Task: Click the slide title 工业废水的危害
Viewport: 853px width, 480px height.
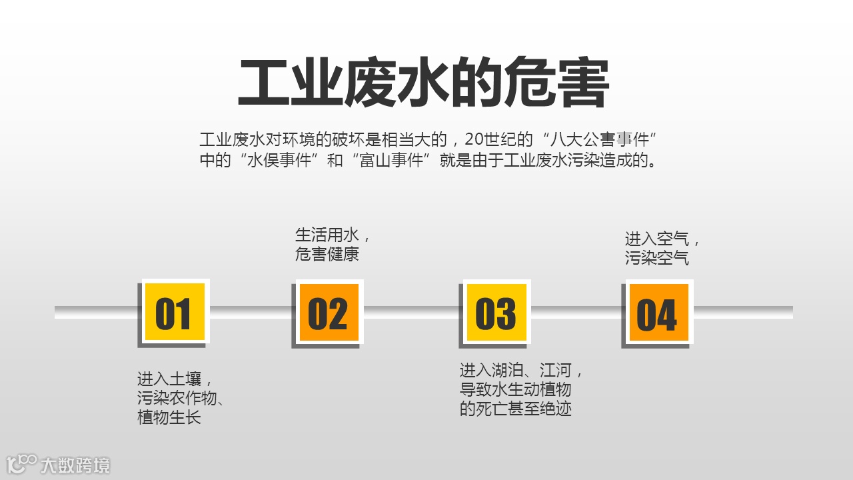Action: tap(424, 84)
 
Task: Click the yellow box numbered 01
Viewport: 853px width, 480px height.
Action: tap(174, 312)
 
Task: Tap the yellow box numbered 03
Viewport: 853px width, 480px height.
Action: tap(496, 313)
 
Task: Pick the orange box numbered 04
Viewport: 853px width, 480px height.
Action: tap(658, 313)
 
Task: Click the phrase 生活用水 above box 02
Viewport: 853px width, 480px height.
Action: tap(327, 235)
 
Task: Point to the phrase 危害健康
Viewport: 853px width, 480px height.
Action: tap(327, 254)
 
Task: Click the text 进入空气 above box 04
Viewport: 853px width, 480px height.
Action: tap(656, 239)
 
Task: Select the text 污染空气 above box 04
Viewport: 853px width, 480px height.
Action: tap(656, 258)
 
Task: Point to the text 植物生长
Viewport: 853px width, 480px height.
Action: tap(169, 418)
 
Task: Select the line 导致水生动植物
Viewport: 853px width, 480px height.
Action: tap(515, 389)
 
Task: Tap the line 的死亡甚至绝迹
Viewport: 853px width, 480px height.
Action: tap(515, 409)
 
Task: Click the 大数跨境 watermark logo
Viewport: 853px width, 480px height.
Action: tap(59, 465)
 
